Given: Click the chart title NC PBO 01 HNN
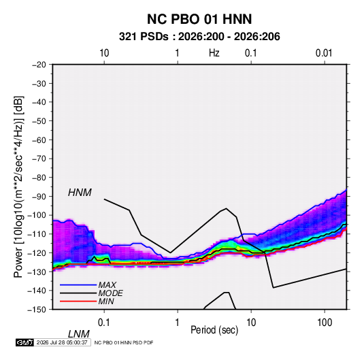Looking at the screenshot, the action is click(x=199, y=19).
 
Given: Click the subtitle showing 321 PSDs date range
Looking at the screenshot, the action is click(x=199, y=37).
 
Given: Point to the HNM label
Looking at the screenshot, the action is click(x=80, y=193).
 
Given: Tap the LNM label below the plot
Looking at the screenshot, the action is click(x=78, y=334).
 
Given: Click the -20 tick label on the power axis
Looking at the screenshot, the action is click(x=39, y=65).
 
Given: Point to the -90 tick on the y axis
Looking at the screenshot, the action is click(x=39, y=197).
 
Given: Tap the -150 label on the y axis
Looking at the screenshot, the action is click(x=37, y=310).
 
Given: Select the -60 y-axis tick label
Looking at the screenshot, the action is click(x=39, y=140).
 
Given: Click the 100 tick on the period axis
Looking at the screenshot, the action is click(x=325, y=323).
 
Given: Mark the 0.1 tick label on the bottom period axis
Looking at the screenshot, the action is click(x=103, y=323).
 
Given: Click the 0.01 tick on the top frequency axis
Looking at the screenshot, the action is click(x=324, y=53).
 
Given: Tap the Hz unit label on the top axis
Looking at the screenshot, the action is click(x=214, y=53).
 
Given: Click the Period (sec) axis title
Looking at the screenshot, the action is click(x=214, y=330).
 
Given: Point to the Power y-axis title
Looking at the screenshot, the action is click(x=18, y=187).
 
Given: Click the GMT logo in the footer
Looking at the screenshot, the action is click(x=25, y=342).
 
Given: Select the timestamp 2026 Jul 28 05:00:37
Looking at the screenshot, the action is click(x=62, y=342).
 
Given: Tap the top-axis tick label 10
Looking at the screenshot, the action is click(x=104, y=53).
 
